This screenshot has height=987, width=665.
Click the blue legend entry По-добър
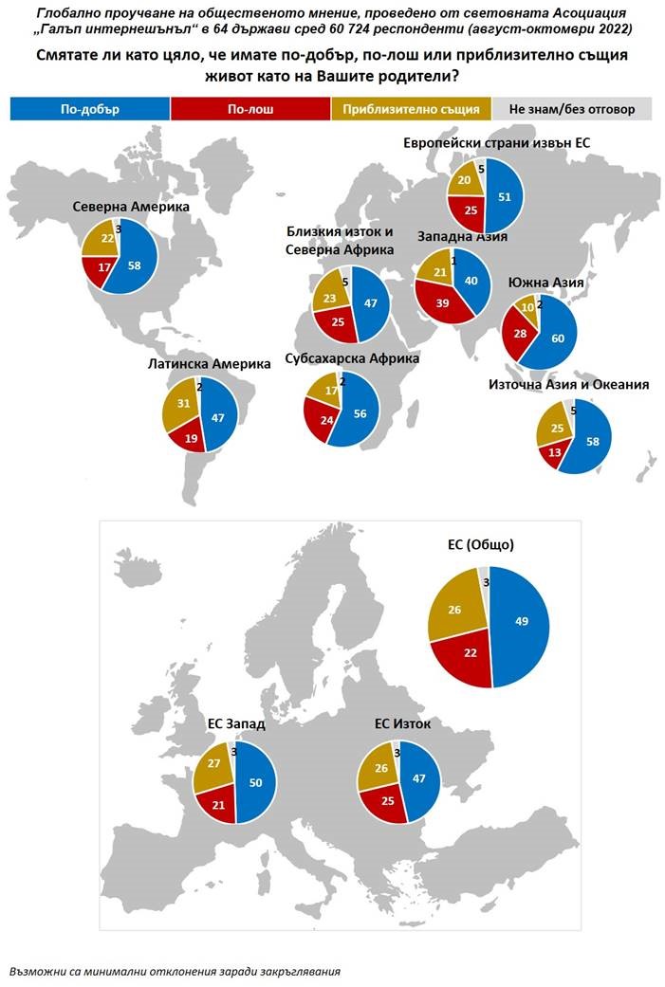89,109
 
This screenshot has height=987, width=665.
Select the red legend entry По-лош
250,109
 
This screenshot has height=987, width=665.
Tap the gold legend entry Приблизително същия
411,109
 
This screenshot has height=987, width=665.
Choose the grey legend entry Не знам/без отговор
573,109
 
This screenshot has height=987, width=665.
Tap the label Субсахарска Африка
352,358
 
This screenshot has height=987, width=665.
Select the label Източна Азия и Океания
568,384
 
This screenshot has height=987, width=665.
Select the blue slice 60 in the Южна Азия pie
559,338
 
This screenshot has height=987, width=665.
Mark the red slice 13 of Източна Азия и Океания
551,452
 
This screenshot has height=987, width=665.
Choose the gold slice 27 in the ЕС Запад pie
214,765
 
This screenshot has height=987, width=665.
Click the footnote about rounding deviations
175,971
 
